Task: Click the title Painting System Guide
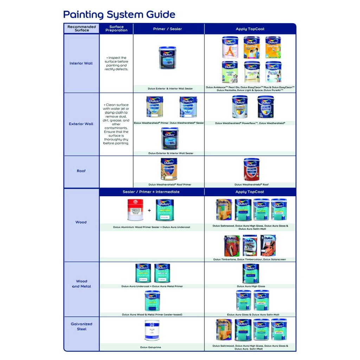119,15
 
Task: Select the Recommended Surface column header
82,28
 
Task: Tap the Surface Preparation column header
116,28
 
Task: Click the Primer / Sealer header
167,29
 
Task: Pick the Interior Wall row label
81,63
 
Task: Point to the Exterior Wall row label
81,124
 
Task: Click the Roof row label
81,171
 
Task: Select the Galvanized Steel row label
82,326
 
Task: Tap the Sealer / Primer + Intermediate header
151,192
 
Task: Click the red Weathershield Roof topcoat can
251,169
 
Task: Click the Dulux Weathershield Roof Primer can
169,169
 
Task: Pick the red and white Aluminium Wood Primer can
135,210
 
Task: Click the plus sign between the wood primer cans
149,211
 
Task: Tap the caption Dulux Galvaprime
150,347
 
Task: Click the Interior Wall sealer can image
167,58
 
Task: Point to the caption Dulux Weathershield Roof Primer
170,185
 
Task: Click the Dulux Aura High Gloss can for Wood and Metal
251,274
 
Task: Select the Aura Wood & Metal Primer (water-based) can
152,301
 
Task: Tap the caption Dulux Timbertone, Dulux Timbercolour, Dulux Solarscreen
250,259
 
